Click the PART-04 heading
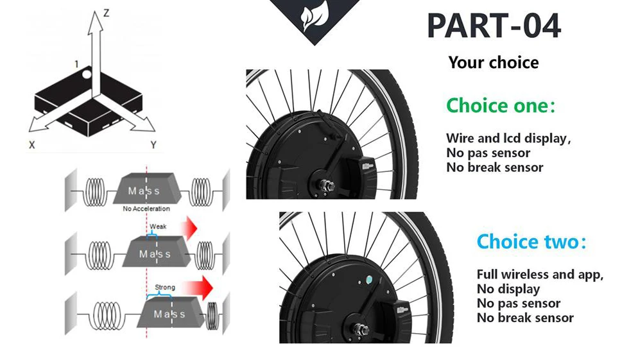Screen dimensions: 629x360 (494, 26)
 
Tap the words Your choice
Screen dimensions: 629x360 (493, 62)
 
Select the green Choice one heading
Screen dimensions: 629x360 (500, 105)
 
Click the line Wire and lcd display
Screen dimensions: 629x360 (508, 138)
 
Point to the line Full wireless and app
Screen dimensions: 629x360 (540, 274)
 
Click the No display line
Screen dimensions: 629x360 (508, 289)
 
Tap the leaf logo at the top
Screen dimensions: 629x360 (314, 17)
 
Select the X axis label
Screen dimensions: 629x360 (31, 145)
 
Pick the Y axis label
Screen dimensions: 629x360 (153, 145)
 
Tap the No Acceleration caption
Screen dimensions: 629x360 (146, 209)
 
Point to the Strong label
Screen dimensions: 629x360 (164, 287)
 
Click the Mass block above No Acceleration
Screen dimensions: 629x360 (145, 191)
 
